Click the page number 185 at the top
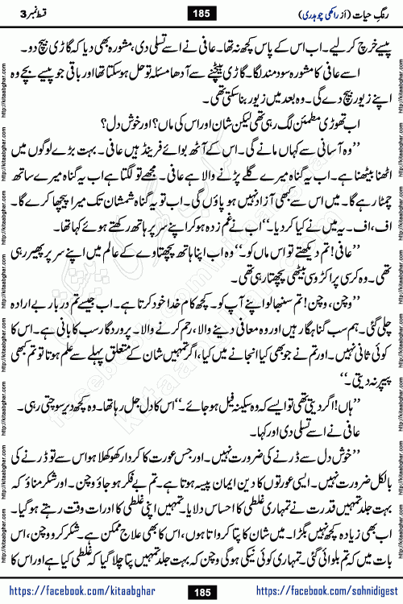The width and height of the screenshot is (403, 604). coord(202,13)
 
